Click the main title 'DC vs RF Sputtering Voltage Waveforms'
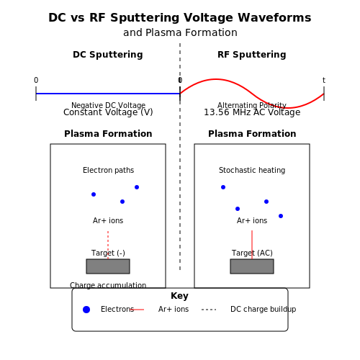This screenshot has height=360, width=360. tap(180, 18)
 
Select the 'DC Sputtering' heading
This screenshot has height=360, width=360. tap(108, 55)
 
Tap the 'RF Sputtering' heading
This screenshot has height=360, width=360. tap(252, 55)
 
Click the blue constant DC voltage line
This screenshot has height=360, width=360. tap(108, 94)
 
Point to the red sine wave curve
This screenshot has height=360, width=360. tap(252, 94)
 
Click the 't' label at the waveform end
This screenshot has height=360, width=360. tap(324, 80)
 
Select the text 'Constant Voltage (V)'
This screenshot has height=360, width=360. tap(108, 112)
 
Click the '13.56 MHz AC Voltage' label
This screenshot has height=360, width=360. tap(252, 112)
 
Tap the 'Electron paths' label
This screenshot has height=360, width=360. tap(108, 170)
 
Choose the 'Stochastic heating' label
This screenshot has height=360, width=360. tap(252, 170)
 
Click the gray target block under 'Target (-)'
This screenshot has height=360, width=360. tap(108, 266)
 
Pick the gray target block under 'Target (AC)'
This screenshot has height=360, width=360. tap(252, 266)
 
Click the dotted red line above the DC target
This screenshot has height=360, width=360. tap(108, 245)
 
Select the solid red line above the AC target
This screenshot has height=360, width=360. tap(252, 245)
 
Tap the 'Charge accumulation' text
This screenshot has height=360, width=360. tap(108, 285)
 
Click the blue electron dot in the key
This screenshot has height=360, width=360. tap(86, 310)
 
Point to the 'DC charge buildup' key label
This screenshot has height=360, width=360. tap(264, 309)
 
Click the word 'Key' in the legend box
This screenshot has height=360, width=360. tap(179, 296)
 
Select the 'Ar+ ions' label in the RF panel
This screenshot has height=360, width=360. tap(252, 220)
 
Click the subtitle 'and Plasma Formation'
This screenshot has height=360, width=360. tap(180, 32)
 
